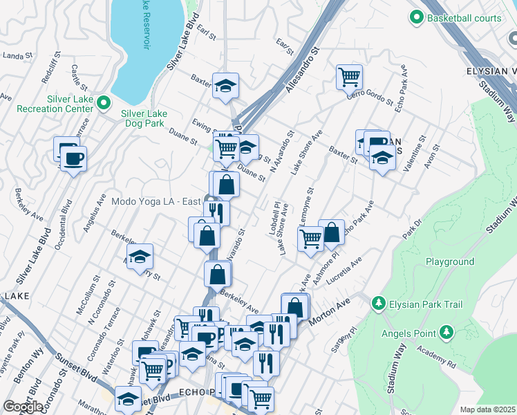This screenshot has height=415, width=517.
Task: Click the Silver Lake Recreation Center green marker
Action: (104, 104)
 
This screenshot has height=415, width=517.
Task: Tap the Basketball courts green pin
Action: (417, 17)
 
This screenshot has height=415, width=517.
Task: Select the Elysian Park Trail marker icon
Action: (378, 304)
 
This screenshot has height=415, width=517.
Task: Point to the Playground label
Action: (449, 262)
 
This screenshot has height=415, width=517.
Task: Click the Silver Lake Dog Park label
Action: (147, 118)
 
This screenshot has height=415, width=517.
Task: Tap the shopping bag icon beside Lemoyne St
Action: (332, 233)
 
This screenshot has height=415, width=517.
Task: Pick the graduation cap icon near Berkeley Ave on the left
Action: (140, 257)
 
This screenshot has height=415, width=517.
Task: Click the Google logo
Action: (23, 407)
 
